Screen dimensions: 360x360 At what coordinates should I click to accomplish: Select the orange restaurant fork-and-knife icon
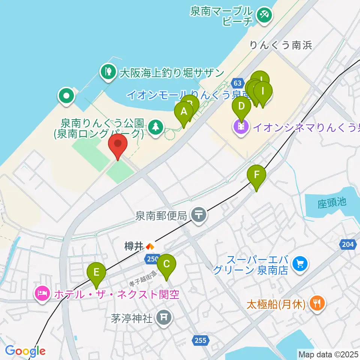click(x=317, y=303)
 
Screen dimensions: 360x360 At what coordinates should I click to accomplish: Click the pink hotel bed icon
click(x=42, y=293)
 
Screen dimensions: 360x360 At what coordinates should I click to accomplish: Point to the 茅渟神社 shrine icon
click(x=164, y=318)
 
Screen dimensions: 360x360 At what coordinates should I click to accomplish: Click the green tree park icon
click(x=154, y=126)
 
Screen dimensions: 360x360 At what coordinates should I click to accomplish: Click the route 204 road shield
click(x=348, y=244)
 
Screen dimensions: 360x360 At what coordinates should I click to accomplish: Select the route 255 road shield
click(x=201, y=340)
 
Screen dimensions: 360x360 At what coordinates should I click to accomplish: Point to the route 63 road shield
click(x=237, y=82)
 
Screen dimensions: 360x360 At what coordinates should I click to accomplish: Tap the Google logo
click(x=25, y=351)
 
